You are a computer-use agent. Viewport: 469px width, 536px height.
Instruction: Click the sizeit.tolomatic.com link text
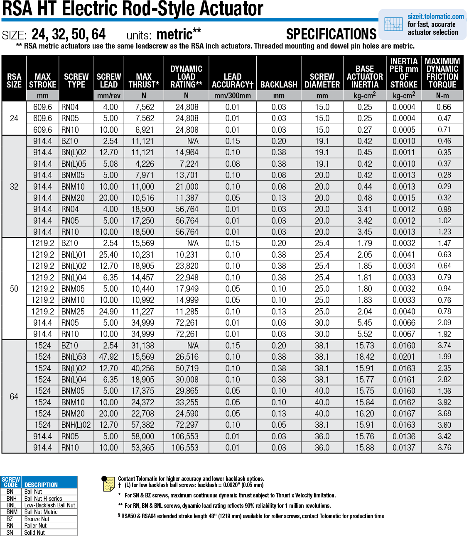tap(435, 17)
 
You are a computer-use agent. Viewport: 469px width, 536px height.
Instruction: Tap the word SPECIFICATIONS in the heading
tap(331, 34)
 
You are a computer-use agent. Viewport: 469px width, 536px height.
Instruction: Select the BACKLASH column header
tap(279, 85)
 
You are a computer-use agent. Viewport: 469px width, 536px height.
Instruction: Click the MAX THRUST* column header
tap(144, 80)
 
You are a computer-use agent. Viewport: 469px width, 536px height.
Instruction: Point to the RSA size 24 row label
tap(14, 118)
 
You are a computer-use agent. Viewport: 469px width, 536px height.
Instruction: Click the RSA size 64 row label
tap(14, 397)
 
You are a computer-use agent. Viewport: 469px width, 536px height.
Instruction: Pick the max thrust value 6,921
tap(145, 130)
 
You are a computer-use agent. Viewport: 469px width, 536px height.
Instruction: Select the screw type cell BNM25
tap(73, 312)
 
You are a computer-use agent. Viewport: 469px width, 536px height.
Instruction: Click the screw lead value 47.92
tap(108, 357)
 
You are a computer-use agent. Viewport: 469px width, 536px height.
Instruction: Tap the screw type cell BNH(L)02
tap(76, 425)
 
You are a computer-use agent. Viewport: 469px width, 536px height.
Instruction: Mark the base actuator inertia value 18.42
tap(364, 357)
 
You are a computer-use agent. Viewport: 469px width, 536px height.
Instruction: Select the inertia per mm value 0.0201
tap(404, 357)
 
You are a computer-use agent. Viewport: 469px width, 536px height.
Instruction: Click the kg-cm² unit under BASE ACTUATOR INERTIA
tap(364, 95)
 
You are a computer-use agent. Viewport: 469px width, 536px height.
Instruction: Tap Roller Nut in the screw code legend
tap(35, 526)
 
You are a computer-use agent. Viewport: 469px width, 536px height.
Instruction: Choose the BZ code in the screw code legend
tap(10, 519)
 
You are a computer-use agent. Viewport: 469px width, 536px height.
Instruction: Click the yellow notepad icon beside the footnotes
tap(108, 484)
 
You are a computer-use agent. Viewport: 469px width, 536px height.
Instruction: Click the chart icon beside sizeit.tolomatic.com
tap(393, 24)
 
